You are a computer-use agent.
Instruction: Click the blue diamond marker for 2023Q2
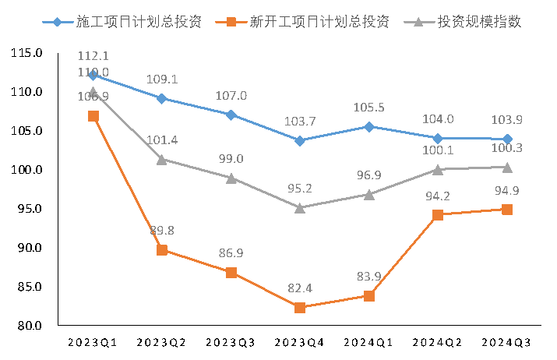tap(162, 98)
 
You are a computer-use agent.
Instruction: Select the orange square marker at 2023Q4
tap(300, 307)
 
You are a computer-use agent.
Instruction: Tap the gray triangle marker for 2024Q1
tap(369, 194)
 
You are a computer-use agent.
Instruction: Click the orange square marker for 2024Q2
tap(438, 215)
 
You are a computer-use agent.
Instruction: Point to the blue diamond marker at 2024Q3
tap(507, 139)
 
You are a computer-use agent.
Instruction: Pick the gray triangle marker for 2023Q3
tap(231, 178)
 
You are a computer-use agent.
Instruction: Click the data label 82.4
tap(300, 289)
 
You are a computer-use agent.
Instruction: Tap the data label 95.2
tap(300, 189)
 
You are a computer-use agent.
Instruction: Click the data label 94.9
tap(507, 192)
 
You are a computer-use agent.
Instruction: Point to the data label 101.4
tap(162, 140)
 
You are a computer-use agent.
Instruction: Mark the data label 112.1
tap(93, 56)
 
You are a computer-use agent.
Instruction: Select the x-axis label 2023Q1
tap(92, 342)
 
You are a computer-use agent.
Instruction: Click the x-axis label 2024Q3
tap(507, 342)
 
